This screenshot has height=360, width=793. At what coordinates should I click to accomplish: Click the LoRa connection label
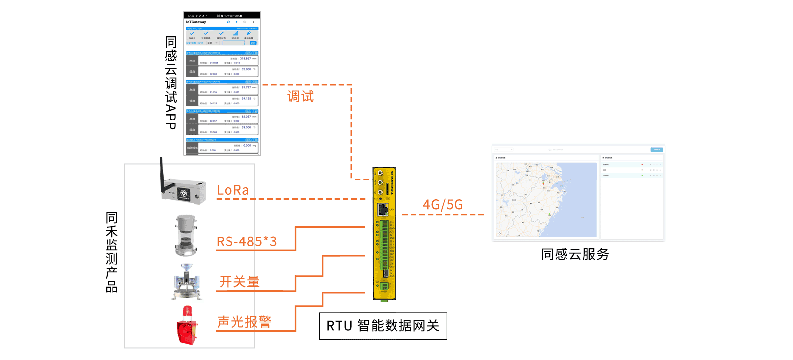click(233, 190)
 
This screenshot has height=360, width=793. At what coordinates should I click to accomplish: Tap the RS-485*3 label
click(246, 241)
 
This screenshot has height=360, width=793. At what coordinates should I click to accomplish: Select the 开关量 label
click(239, 282)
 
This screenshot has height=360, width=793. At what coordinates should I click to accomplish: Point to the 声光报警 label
click(244, 322)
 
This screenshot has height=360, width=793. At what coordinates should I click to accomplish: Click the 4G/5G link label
click(443, 205)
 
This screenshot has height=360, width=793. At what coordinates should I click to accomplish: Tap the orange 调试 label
click(300, 96)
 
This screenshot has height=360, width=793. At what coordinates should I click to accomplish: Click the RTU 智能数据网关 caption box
click(383, 326)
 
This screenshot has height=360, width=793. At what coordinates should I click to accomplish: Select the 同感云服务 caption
click(575, 254)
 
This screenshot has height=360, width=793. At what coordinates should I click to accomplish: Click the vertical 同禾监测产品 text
click(112, 252)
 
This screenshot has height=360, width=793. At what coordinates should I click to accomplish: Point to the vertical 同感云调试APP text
click(171, 83)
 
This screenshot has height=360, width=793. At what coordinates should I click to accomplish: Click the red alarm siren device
click(187, 327)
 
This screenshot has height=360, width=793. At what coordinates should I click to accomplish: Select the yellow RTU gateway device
click(384, 233)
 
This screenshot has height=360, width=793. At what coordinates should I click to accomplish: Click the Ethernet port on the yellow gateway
click(383, 209)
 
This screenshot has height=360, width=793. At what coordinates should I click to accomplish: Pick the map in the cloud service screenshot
click(546, 199)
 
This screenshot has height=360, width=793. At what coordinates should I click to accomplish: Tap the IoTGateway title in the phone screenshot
click(196, 22)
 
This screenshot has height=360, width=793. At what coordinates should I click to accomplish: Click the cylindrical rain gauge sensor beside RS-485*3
click(186, 235)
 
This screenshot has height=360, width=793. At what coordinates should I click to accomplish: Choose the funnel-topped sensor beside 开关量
click(187, 281)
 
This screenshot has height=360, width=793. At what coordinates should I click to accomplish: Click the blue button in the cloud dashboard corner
click(656, 149)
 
